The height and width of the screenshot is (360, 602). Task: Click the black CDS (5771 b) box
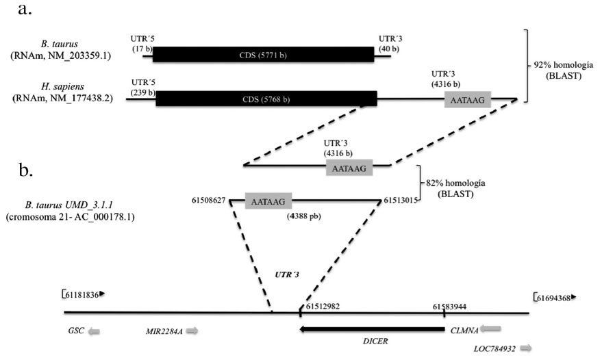(x=264, y=55)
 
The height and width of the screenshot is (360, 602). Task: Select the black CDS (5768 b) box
(x=266, y=99)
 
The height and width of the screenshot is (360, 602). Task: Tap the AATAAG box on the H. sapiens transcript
(x=468, y=100)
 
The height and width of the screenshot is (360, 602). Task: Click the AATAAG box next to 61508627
(x=268, y=201)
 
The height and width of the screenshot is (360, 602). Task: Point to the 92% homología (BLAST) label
(x=563, y=70)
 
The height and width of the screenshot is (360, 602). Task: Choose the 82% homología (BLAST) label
(x=455, y=188)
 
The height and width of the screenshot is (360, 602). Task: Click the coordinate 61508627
(x=208, y=201)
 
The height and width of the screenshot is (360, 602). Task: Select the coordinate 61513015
(x=401, y=201)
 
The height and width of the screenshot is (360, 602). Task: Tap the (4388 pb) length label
(x=303, y=216)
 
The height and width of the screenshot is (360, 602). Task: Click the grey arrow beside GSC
(x=94, y=331)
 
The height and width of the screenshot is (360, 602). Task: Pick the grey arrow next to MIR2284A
(x=192, y=331)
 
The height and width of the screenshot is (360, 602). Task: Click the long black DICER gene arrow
(x=372, y=329)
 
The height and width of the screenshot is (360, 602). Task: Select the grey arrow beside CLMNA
(x=490, y=329)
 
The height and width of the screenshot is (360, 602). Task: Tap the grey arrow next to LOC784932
(x=526, y=348)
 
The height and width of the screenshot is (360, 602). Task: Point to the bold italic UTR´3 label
(x=286, y=274)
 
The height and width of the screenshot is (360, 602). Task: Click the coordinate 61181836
(x=82, y=295)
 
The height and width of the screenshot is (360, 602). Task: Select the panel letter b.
(x=25, y=170)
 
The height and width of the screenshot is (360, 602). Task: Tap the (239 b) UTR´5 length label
(x=143, y=92)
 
